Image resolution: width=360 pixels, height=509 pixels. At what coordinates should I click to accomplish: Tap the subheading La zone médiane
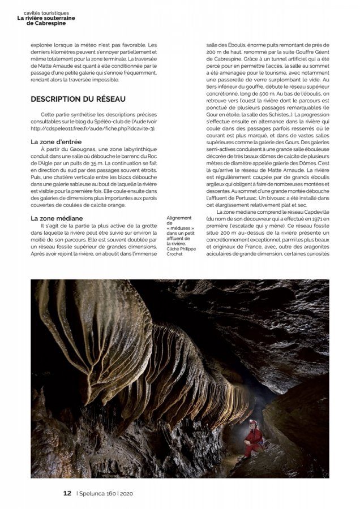[x=57, y=218]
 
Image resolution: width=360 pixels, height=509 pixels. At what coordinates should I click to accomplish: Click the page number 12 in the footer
[x=67, y=493]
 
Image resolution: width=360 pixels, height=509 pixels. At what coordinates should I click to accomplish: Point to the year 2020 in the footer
[x=126, y=493]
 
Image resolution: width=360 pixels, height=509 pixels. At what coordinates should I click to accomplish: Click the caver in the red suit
[x=253, y=438]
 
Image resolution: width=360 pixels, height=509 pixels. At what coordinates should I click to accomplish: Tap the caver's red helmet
[x=253, y=422]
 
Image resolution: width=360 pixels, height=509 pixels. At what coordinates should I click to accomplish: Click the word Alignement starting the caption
[x=179, y=217]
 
